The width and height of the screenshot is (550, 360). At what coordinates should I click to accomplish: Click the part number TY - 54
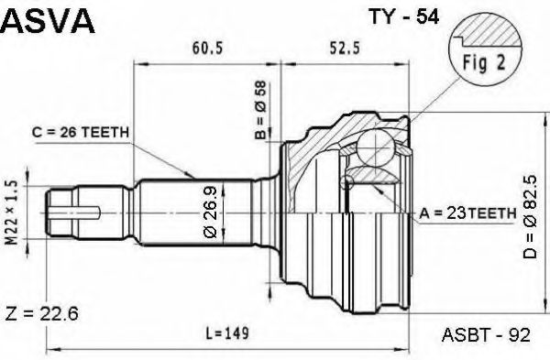point(403,16)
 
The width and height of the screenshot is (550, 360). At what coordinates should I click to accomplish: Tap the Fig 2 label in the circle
point(484,62)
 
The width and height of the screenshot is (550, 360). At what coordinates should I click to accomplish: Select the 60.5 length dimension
point(207,48)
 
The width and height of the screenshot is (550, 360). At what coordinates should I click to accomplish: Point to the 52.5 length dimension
point(345,48)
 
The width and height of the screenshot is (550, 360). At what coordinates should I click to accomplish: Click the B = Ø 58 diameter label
point(261,110)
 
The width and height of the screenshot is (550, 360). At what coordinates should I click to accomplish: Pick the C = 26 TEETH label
point(81,133)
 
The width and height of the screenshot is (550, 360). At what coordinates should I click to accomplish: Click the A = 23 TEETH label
point(467,213)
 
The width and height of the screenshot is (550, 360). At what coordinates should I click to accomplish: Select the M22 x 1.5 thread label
point(11,213)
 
